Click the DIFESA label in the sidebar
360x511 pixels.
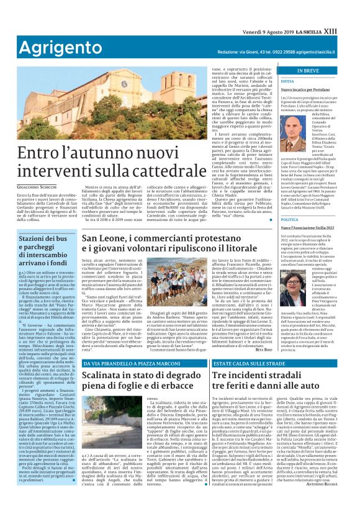pyautogui.click(x=287, y=81)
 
